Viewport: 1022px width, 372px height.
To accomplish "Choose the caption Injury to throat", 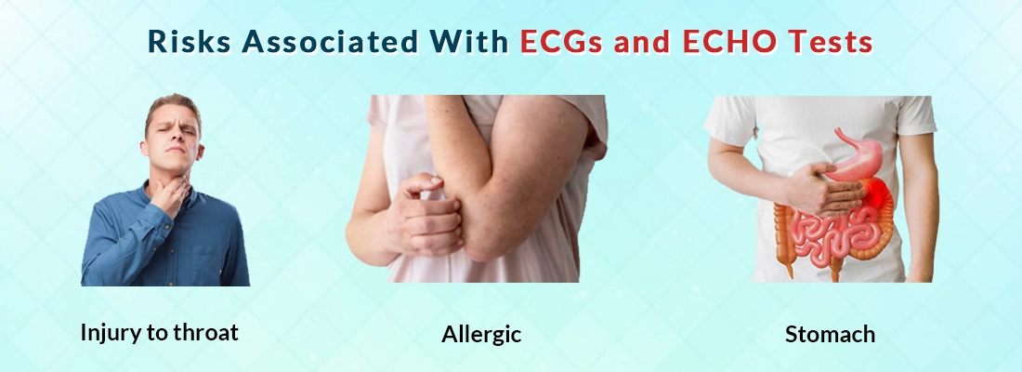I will pyautogui.click(x=159, y=332).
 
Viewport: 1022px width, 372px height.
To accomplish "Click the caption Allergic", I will pyautogui.click(x=481, y=334).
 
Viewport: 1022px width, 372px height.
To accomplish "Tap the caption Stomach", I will pyautogui.click(x=830, y=334).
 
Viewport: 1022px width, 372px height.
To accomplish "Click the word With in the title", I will pyautogui.click(x=465, y=42).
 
